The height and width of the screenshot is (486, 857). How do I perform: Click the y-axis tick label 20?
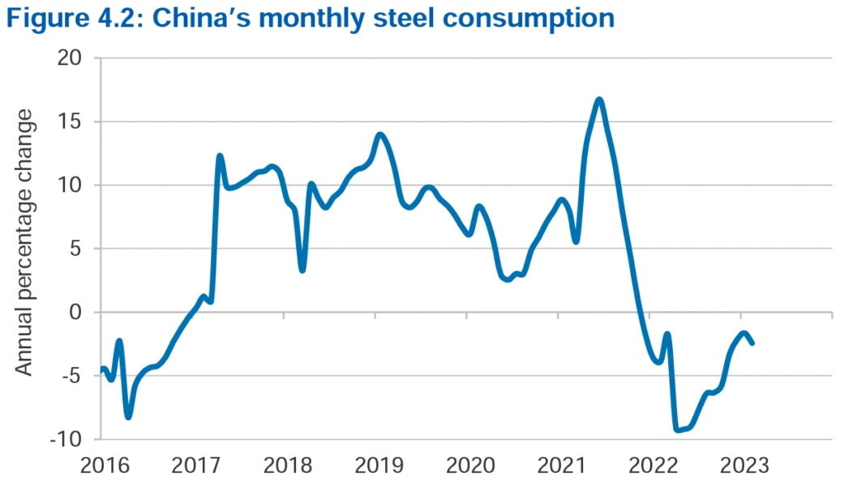[x=71, y=58]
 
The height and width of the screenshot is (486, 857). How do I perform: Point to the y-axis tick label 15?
[x=71, y=122]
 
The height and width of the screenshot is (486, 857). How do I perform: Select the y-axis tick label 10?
[x=71, y=185]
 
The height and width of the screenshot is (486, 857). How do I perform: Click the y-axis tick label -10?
[x=67, y=439]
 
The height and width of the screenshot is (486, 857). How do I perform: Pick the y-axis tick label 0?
[x=77, y=313]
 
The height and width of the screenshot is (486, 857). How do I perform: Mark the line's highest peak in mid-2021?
[x=599, y=100]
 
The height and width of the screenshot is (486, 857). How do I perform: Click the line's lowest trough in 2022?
[x=677, y=429]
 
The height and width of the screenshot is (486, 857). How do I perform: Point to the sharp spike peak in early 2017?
[x=220, y=156]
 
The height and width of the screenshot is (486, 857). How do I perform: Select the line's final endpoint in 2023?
[x=752, y=343]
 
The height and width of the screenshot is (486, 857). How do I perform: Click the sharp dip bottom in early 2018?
[x=302, y=270]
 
